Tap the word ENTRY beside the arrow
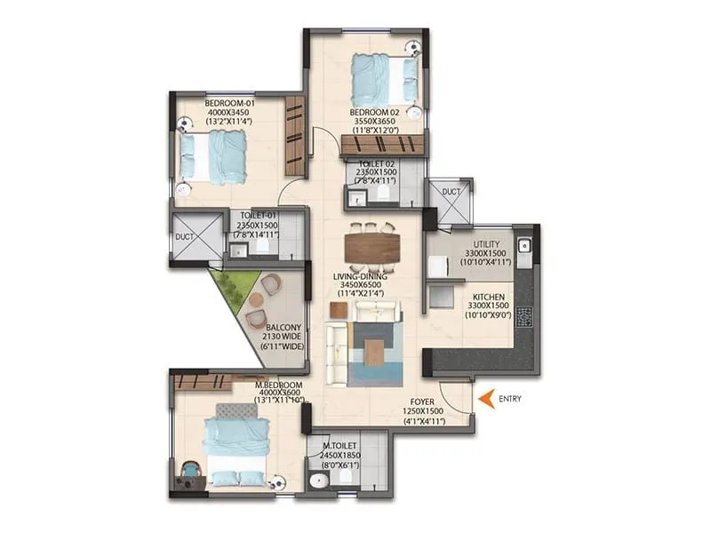[510, 399]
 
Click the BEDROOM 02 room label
[375, 113]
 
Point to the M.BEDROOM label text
[276, 385]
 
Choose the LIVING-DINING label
[360, 277]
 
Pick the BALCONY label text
[283, 327]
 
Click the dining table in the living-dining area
[371, 246]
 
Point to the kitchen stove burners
[525, 315]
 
